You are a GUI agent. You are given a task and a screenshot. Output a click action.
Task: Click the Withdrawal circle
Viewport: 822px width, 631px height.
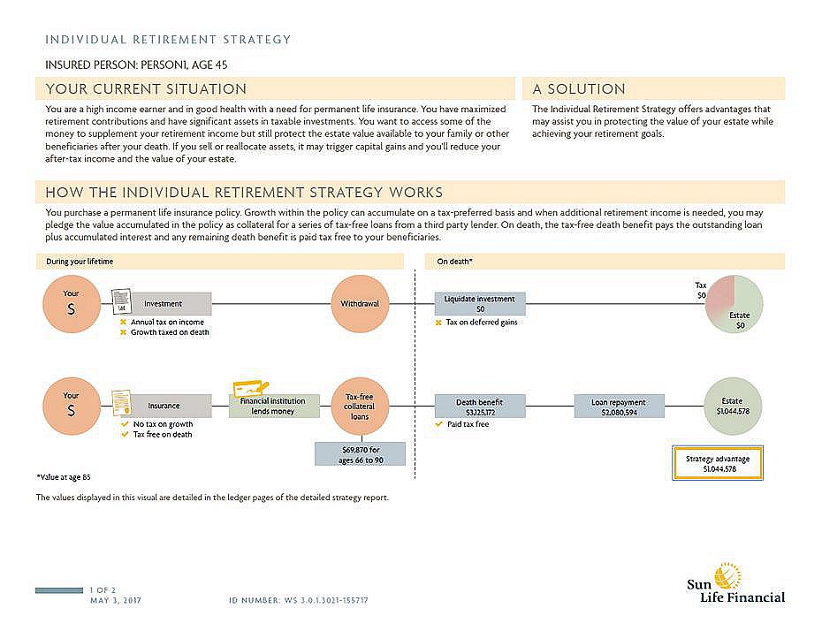point(360,303)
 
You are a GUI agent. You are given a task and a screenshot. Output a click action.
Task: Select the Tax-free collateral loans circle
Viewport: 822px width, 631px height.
point(360,407)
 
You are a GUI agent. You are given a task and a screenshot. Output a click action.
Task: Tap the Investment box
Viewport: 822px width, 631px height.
point(164,304)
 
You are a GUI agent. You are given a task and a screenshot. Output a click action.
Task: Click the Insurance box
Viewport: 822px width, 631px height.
point(164,406)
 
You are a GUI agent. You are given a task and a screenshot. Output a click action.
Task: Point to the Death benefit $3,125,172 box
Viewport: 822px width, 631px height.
point(480,407)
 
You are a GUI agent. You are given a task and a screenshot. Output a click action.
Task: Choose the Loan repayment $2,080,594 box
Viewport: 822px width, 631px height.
point(619,407)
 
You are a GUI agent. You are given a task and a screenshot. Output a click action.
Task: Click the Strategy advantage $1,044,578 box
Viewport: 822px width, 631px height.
point(717,463)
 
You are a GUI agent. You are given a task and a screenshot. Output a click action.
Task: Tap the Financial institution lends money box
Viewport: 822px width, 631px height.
point(272,407)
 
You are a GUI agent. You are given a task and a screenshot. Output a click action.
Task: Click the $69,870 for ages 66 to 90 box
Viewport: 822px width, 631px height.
point(360,454)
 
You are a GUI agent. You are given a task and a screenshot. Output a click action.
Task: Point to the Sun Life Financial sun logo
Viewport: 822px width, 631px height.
point(727,575)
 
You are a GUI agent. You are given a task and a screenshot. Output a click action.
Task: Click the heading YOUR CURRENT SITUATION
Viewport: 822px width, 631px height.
point(147,89)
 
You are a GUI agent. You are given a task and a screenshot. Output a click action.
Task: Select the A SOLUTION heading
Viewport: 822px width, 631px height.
point(579,89)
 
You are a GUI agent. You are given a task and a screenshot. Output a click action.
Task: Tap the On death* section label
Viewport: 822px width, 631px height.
point(455,262)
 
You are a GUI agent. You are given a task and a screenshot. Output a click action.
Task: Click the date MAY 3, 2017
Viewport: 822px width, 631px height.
point(116,601)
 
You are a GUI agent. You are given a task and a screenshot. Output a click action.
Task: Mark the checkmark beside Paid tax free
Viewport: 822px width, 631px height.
point(439,424)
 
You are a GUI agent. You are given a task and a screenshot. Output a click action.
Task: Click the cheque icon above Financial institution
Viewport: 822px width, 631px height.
point(251,387)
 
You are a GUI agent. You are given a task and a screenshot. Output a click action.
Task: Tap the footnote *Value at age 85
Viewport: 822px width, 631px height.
point(64,476)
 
